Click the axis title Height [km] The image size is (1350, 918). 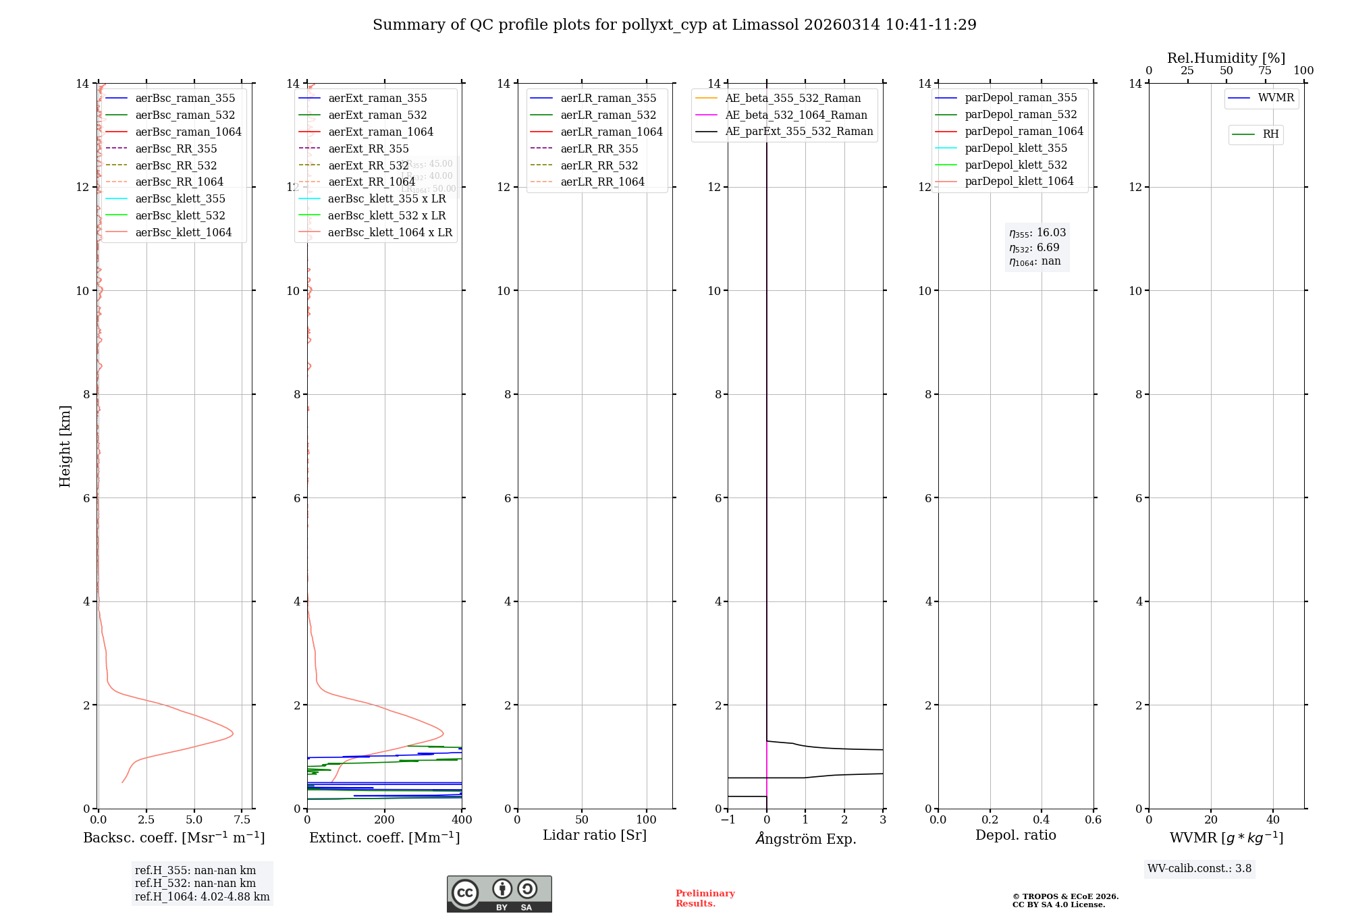point(65,446)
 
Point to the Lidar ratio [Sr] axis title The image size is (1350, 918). point(595,835)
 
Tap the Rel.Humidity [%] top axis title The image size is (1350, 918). point(1226,58)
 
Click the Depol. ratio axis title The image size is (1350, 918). point(1015,835)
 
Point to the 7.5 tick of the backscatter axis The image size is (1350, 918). point(242,819)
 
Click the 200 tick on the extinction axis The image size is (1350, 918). point(385,819)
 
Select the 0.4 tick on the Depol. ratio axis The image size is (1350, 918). point(1042,819)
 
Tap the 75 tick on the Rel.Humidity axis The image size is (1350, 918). point(1265,70)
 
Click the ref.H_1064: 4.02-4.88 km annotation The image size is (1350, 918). point(202,896)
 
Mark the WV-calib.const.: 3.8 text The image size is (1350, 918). point(1199,868)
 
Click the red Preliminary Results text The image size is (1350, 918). point(705,898)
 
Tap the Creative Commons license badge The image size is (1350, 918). point(499,894)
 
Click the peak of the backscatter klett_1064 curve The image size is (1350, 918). point(233,734)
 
